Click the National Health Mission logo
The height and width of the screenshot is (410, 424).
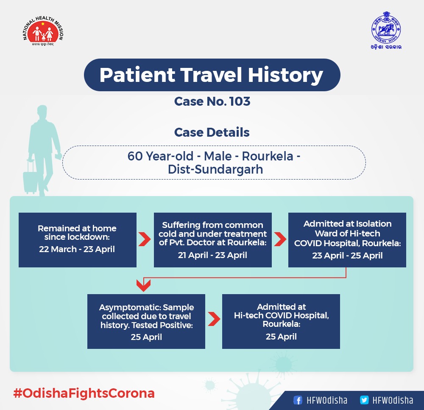[43, 31]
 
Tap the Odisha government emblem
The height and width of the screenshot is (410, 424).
[386, 30]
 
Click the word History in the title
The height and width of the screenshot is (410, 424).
[285, 75]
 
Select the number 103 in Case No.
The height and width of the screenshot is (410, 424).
[240, 101]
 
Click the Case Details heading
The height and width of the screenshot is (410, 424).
[212, 132]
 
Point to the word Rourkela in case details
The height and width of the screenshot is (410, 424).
[268, 156]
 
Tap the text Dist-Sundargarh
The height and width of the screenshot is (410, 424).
[215, 169]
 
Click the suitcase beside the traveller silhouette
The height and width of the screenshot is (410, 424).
[30, 177]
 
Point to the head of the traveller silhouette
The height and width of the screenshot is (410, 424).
[42, 112]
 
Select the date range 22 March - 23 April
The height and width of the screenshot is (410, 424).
[77, 249]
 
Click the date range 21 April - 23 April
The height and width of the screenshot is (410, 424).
[212, 255]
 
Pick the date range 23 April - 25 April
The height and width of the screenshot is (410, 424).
[348, 256]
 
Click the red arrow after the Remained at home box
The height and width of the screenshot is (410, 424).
[145, 239]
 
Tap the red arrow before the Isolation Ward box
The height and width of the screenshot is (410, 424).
[280, 239]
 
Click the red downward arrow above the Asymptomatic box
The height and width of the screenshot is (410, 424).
[143, 285]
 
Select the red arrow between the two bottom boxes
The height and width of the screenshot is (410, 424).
[214, 319]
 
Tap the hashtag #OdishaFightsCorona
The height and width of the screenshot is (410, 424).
[84, 393]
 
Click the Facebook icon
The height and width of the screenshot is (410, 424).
[298, 400]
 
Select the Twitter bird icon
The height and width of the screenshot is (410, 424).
[364, 400]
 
